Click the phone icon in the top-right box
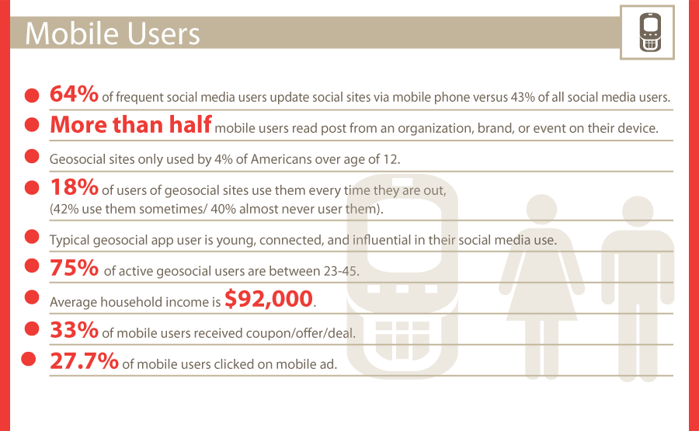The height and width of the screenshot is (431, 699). tap(650, 33)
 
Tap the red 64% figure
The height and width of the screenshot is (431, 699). tap(74, 94)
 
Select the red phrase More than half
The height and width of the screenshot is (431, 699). tap(130, 125)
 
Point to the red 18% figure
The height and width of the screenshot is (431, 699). tap(74, 187)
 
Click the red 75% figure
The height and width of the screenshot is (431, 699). tap(74, 268)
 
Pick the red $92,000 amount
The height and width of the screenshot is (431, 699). tap(269, 299)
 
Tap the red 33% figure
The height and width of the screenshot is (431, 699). tap(74, 330)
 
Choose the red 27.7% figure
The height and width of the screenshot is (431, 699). tap(84, 361)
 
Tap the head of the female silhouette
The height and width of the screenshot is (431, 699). tap(541, 209)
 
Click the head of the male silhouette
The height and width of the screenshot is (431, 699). tap(638, 211)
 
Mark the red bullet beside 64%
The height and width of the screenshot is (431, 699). tap(32, 95)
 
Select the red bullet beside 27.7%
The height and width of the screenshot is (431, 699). tap(29, 359)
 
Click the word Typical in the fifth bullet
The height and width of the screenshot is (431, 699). tap(71, 240)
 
